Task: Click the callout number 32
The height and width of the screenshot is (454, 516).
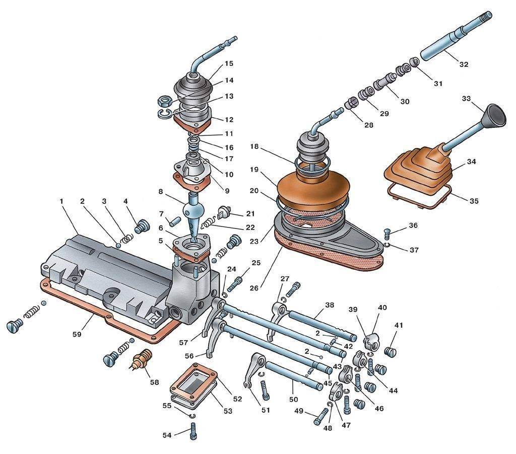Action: coord(464,64)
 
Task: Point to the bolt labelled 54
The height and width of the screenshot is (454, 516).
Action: coord(194,431)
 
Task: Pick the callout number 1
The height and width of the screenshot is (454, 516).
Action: coord(61,201)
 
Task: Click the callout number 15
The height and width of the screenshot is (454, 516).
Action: coord(229,64)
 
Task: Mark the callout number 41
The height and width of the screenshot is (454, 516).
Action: coord(399,326)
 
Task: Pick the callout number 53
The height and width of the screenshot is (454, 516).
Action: coord(228,411)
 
